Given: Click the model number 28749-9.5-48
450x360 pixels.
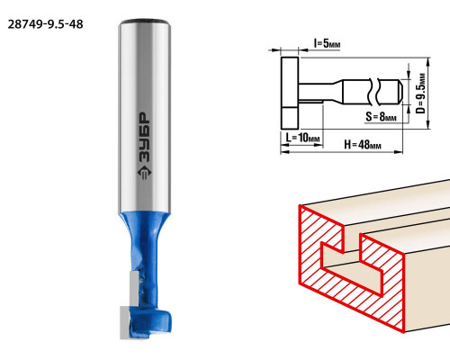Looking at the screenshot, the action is pyautogui.click(x=45, y=24).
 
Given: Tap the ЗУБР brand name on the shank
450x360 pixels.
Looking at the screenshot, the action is pyautogui.click(x=145, y=138).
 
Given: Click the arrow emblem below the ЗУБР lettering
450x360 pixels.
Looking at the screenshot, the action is pyautogui.click(x=145, y=173).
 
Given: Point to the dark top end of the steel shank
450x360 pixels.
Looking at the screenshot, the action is pyautogui.click(x=145, y=22).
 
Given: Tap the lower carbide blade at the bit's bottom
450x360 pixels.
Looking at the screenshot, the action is pyautogui.click(x=125, y=322).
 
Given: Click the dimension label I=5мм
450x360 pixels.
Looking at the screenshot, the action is pyautogui.click(x=327, y=43).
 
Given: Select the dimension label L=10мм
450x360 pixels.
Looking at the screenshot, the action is pyautogui.click(x=302, y=138).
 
